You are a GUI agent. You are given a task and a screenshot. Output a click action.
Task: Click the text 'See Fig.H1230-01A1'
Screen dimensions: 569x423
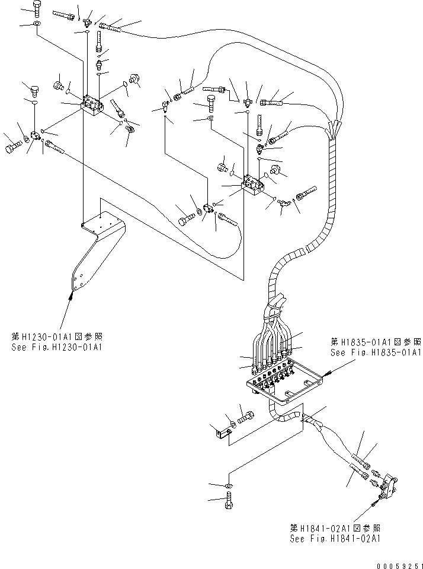(x=56, y=347)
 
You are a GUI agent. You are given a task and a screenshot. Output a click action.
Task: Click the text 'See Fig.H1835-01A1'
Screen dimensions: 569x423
(x=375, y=352)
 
